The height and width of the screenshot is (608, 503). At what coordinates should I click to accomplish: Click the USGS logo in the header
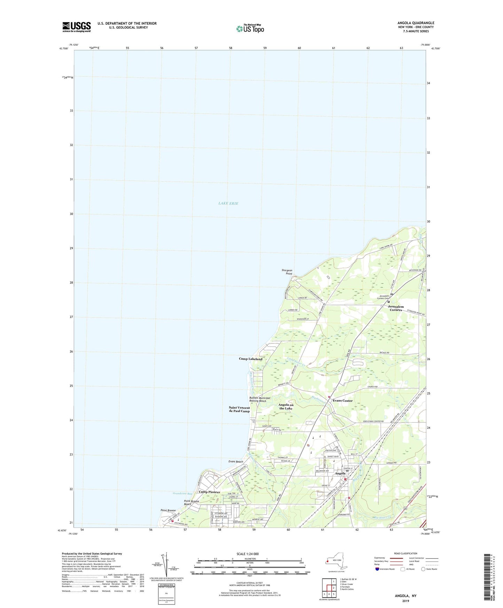tap(77, 27)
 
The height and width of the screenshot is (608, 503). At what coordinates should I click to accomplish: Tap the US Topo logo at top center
tap(250, 28)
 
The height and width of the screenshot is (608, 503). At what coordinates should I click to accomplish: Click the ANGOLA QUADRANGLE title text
tap(416, 23)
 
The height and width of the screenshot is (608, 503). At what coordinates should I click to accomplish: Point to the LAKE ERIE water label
tap(228, 203)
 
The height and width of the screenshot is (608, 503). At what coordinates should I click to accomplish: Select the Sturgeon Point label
tap(287, 272)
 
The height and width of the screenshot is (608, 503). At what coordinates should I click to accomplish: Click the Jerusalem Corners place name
tap(396, 308)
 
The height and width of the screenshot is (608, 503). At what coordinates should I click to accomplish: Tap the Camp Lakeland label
tap(251, 359)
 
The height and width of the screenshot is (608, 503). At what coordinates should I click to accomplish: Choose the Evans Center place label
tap(343, 400)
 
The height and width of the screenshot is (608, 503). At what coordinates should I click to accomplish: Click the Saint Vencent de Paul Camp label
tap(239, 409)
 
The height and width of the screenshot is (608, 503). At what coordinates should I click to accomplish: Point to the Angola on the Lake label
tap(286, 406)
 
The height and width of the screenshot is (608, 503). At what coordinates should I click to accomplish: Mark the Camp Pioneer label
tap(209, 492)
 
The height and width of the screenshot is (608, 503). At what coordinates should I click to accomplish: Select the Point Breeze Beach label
tap(191, 502)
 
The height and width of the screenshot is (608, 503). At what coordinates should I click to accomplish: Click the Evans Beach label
tap(236, 462)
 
